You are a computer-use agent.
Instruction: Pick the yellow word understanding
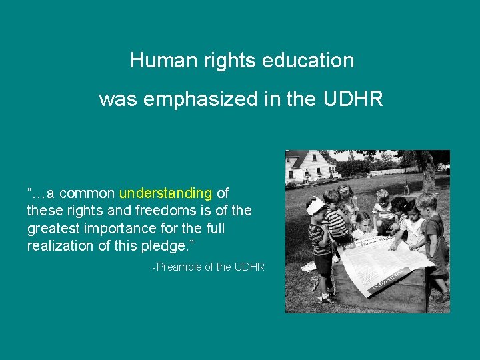coord(165,193)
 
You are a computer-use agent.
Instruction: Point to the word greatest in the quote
coord(51,229)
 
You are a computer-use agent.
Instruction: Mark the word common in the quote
coord(87,193)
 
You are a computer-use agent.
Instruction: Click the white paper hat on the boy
coord(316,205)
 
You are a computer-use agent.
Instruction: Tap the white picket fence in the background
coord(383,179)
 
